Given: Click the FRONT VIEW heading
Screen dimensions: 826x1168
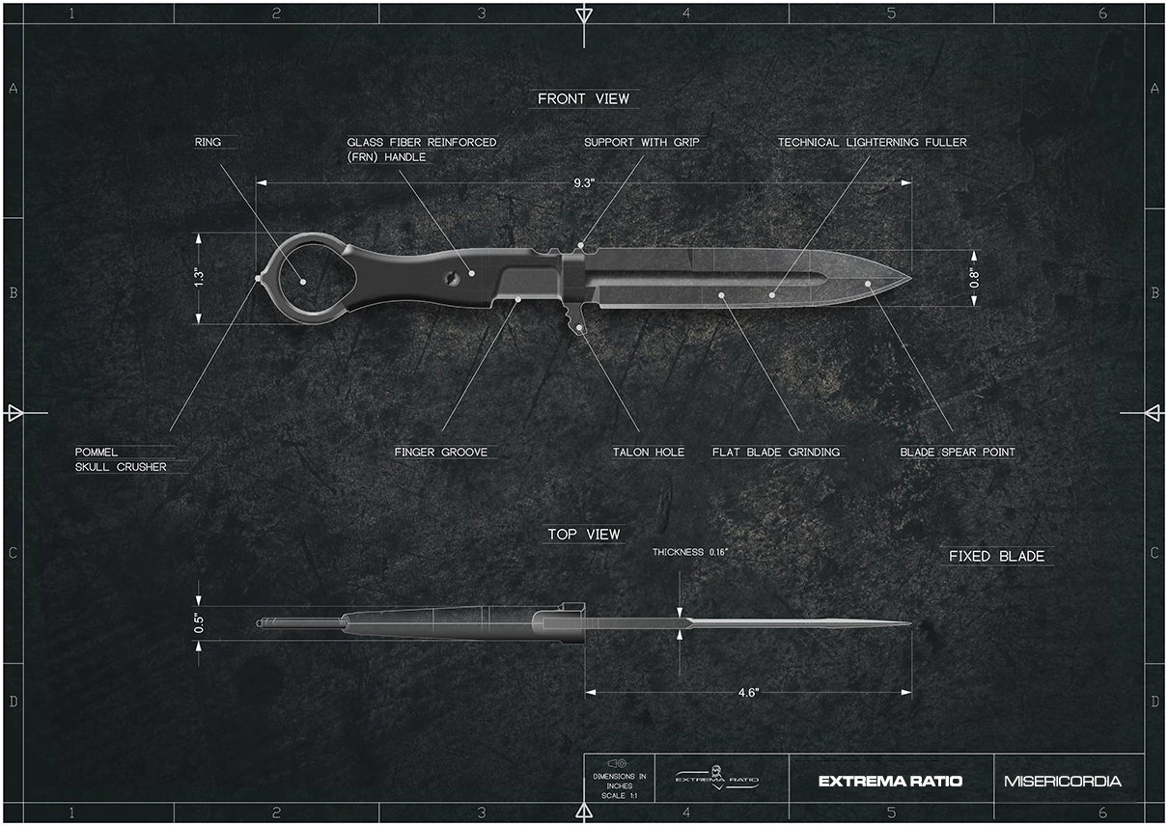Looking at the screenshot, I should click(583, 98).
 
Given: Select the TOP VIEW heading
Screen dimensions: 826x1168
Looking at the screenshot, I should click(583, 535).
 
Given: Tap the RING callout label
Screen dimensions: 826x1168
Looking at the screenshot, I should click(208, 142).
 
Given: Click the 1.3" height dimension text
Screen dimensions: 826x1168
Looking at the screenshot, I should click(199, 277).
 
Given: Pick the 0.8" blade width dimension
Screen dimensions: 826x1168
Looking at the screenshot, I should click(974, 278).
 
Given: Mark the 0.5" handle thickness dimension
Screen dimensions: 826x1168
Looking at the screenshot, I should click(199, 622).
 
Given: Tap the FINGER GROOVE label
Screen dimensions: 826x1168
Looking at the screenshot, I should click(441, 452).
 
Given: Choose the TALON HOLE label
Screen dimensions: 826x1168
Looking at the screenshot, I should click(649, 452).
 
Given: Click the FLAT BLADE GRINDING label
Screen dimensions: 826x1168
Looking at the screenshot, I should click(776, 452).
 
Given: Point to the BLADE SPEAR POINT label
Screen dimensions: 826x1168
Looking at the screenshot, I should click(958, 452).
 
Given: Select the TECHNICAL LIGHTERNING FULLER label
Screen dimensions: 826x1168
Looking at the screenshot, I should click(873, 142).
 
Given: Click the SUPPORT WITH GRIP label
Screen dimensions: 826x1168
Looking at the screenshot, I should click(642, 142).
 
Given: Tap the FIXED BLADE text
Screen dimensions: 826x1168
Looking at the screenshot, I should click(996, 557).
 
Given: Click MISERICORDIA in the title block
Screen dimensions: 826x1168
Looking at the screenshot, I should click(1062, 782).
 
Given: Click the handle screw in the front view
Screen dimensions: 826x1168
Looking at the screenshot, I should click(451, 277).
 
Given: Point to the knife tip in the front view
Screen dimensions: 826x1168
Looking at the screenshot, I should click(910, 278).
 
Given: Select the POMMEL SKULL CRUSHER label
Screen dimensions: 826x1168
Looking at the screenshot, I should click(121, 459).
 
